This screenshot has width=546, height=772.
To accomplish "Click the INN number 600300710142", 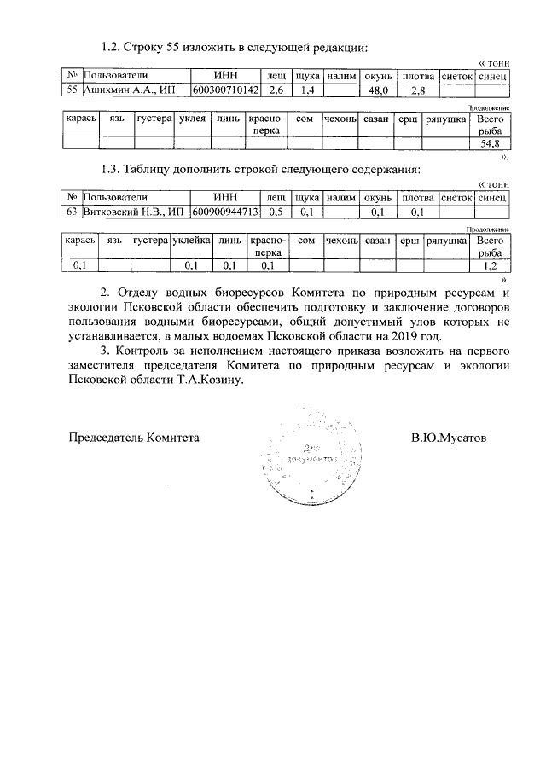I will click(224, 90).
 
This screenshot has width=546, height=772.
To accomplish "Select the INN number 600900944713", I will click(224, 212).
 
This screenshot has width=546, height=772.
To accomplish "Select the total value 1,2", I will click(490, 266).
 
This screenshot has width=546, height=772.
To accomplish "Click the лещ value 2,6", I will click(276, 90).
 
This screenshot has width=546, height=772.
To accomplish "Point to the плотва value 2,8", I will click(418, 90).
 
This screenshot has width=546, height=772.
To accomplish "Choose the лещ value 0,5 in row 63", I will click(276, 212).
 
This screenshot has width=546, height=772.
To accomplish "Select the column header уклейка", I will click(191, 241).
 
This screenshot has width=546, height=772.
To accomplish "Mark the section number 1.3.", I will click(112, 168).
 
